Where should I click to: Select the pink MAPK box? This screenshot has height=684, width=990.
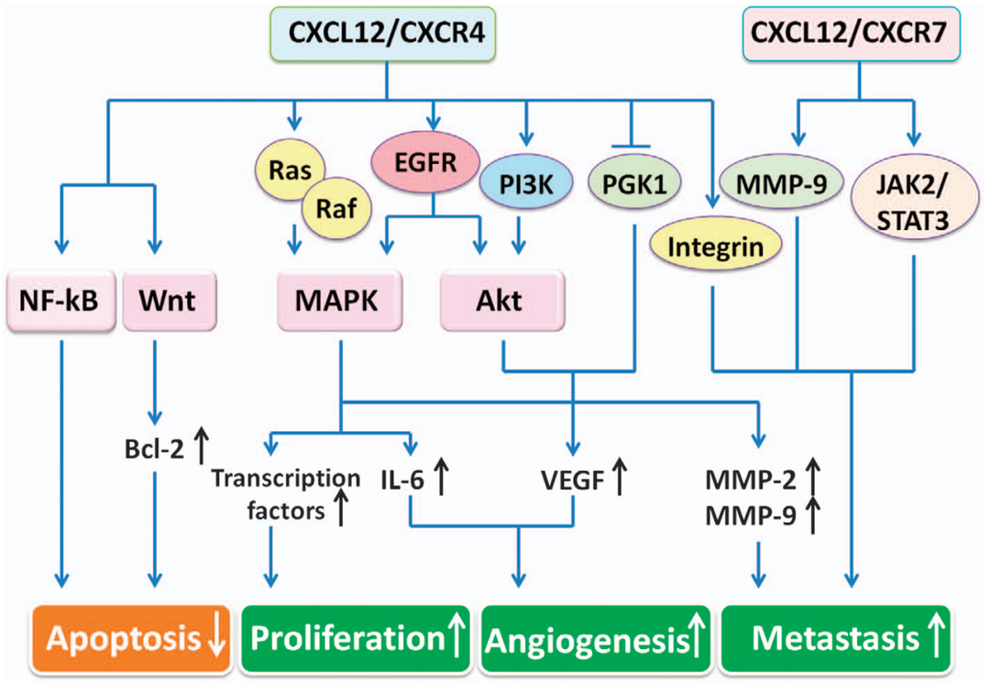tap(340, 301)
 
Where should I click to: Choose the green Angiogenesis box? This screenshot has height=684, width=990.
tap(598, 638)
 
